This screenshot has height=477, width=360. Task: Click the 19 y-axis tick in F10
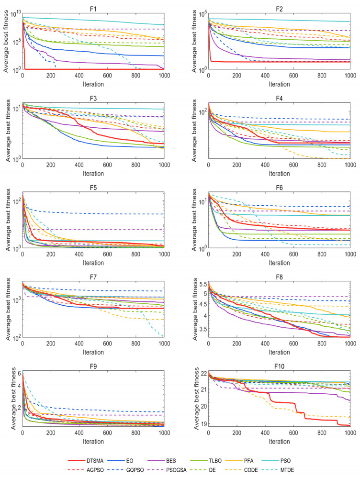pyautogui.click(x=202, y=424)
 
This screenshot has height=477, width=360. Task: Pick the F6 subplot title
pyautogui.click(x=279, y=187)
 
